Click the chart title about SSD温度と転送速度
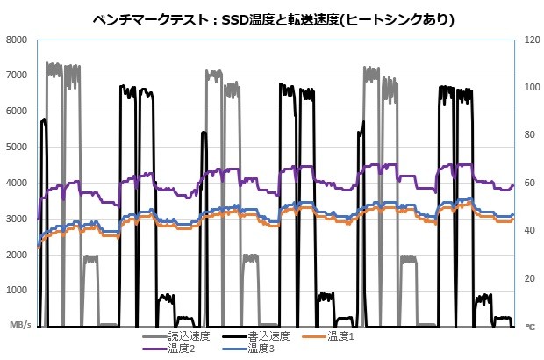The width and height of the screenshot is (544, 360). (273, 18)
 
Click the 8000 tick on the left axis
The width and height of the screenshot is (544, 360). (19, 40)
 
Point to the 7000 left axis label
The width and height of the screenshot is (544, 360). (19, 76)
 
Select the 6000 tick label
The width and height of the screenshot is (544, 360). (19, 112)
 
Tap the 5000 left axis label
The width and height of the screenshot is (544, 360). (19, 148)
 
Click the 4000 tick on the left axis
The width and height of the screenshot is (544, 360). (19, 183)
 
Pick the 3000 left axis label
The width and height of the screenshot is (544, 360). (19, 219)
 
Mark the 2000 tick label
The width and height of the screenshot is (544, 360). (19, 255)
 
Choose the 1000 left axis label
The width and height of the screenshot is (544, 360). (19, 291)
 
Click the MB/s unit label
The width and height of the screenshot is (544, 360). (20, 325)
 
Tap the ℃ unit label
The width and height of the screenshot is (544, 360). (530, 326)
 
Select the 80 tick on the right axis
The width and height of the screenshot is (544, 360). (528, 135)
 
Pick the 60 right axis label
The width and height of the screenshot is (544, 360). (528, 183)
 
